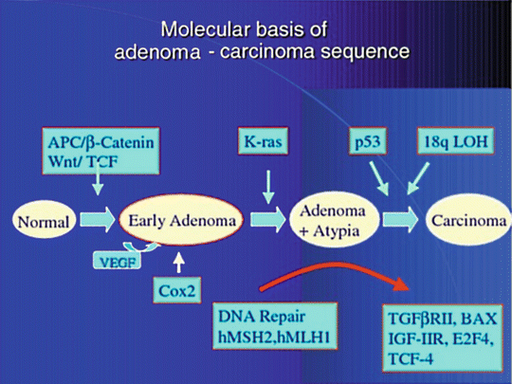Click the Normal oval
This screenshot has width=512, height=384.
[x=44, y=220]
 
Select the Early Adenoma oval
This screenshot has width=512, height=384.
[x=181, y=220]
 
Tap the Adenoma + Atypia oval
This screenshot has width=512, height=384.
[x=335, y=219]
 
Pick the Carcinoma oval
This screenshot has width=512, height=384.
[x=469, y=220]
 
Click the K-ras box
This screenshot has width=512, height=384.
[x=264, y=140]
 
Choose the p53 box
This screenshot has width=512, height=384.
[x=368, y=140]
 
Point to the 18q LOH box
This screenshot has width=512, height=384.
[x=455, y=140]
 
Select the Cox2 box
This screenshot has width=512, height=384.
[x=177, y=290]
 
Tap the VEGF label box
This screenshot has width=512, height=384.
[x=118, y=261]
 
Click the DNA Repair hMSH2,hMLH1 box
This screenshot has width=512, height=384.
[x=275, y=326]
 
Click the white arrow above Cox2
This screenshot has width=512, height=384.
[x=178, y=263]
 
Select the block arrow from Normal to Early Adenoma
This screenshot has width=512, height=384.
[x=98, y=219]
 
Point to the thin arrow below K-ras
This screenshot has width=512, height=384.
[x=268, y=187]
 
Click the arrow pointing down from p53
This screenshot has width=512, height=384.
[x=378, y=178]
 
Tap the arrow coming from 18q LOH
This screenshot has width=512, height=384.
[x=419, y=178]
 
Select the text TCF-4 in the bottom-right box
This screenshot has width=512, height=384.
[x=411, y=358]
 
